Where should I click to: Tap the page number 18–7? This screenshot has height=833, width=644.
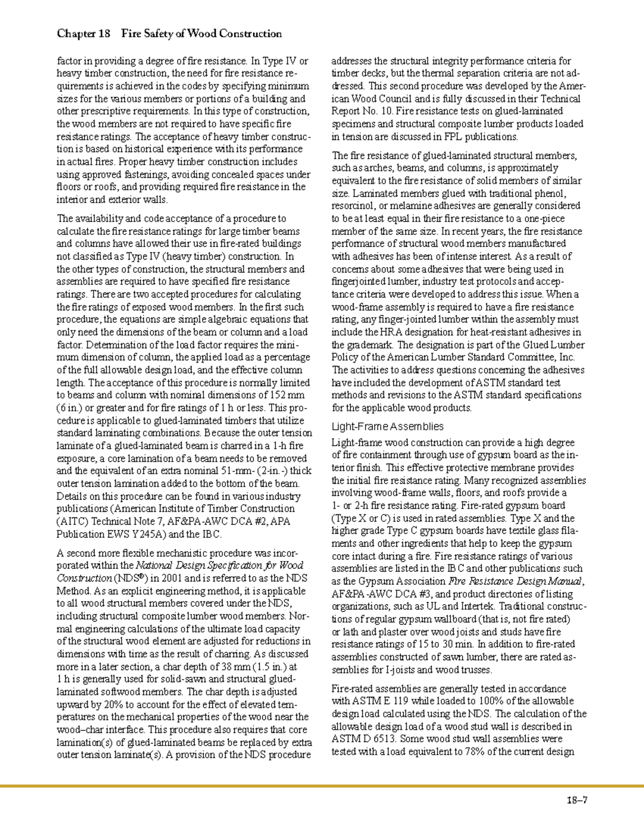[x=577, y=801]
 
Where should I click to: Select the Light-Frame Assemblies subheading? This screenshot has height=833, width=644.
[x=387, y=426]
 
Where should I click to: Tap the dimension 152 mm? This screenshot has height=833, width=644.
[x=286, y=395]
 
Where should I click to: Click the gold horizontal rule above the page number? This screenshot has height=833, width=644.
[x=322, y=786]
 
